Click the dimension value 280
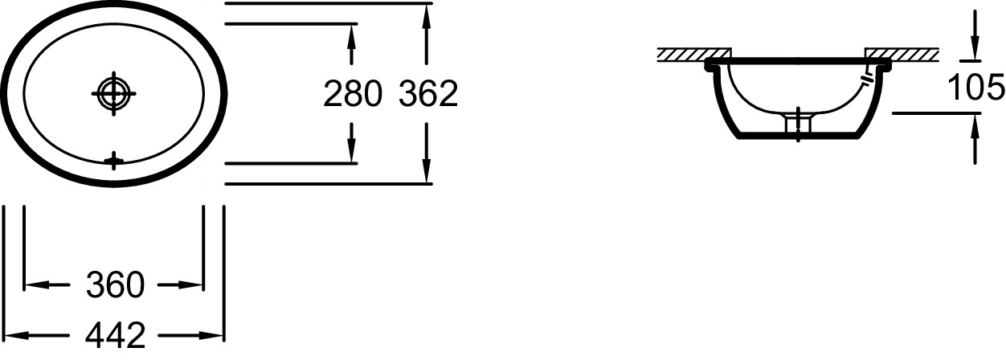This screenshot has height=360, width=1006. click(x=351, y=94)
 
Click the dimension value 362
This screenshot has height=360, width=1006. click(x=428, y=94)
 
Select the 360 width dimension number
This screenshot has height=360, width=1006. click(x=115, y=284)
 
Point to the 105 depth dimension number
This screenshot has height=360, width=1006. click(x=975, y=87)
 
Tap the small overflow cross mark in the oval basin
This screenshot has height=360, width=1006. click(x=114, y=161)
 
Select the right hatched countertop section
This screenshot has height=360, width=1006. click(x=902, y=54)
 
